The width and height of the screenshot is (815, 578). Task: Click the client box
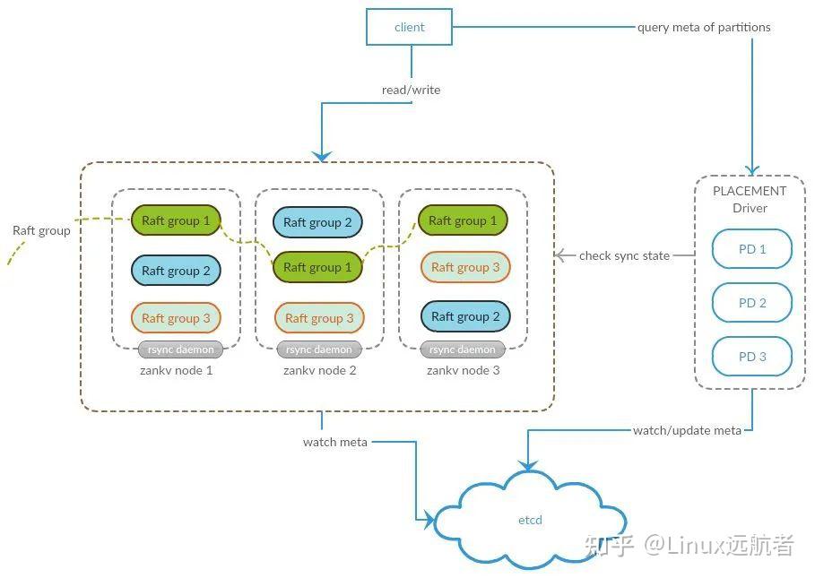coord(409,27)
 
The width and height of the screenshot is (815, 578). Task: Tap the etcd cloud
coord(530,520)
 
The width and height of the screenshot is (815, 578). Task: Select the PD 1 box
coord(751,249)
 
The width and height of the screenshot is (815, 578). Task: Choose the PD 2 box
coord(751,303)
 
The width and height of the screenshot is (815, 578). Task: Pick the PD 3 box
coord(751,357)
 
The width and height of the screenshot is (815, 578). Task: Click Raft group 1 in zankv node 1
coord(176,220)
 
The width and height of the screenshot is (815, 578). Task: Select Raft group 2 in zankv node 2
coord(317,222)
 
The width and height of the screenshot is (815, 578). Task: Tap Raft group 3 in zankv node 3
coord(465,267)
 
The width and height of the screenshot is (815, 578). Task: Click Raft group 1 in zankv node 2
coord(317,267)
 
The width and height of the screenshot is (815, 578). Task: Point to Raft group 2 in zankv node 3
coord(465,316)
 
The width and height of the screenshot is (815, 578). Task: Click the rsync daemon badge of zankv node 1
coord(180,349)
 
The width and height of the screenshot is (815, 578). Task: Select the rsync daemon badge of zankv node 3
coord(462,349)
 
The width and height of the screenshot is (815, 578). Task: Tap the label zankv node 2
coord(320,370)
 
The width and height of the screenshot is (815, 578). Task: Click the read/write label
coord(411,90)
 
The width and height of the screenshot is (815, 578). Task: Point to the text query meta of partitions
coord(704,27)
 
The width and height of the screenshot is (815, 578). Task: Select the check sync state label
coord(624,255)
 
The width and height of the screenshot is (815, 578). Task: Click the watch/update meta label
coord(687,430)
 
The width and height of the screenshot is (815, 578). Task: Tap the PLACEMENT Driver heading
coord(750,200)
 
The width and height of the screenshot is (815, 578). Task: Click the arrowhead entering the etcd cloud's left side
coord(429,520)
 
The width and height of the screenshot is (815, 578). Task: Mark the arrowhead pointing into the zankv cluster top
coord(322,156)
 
